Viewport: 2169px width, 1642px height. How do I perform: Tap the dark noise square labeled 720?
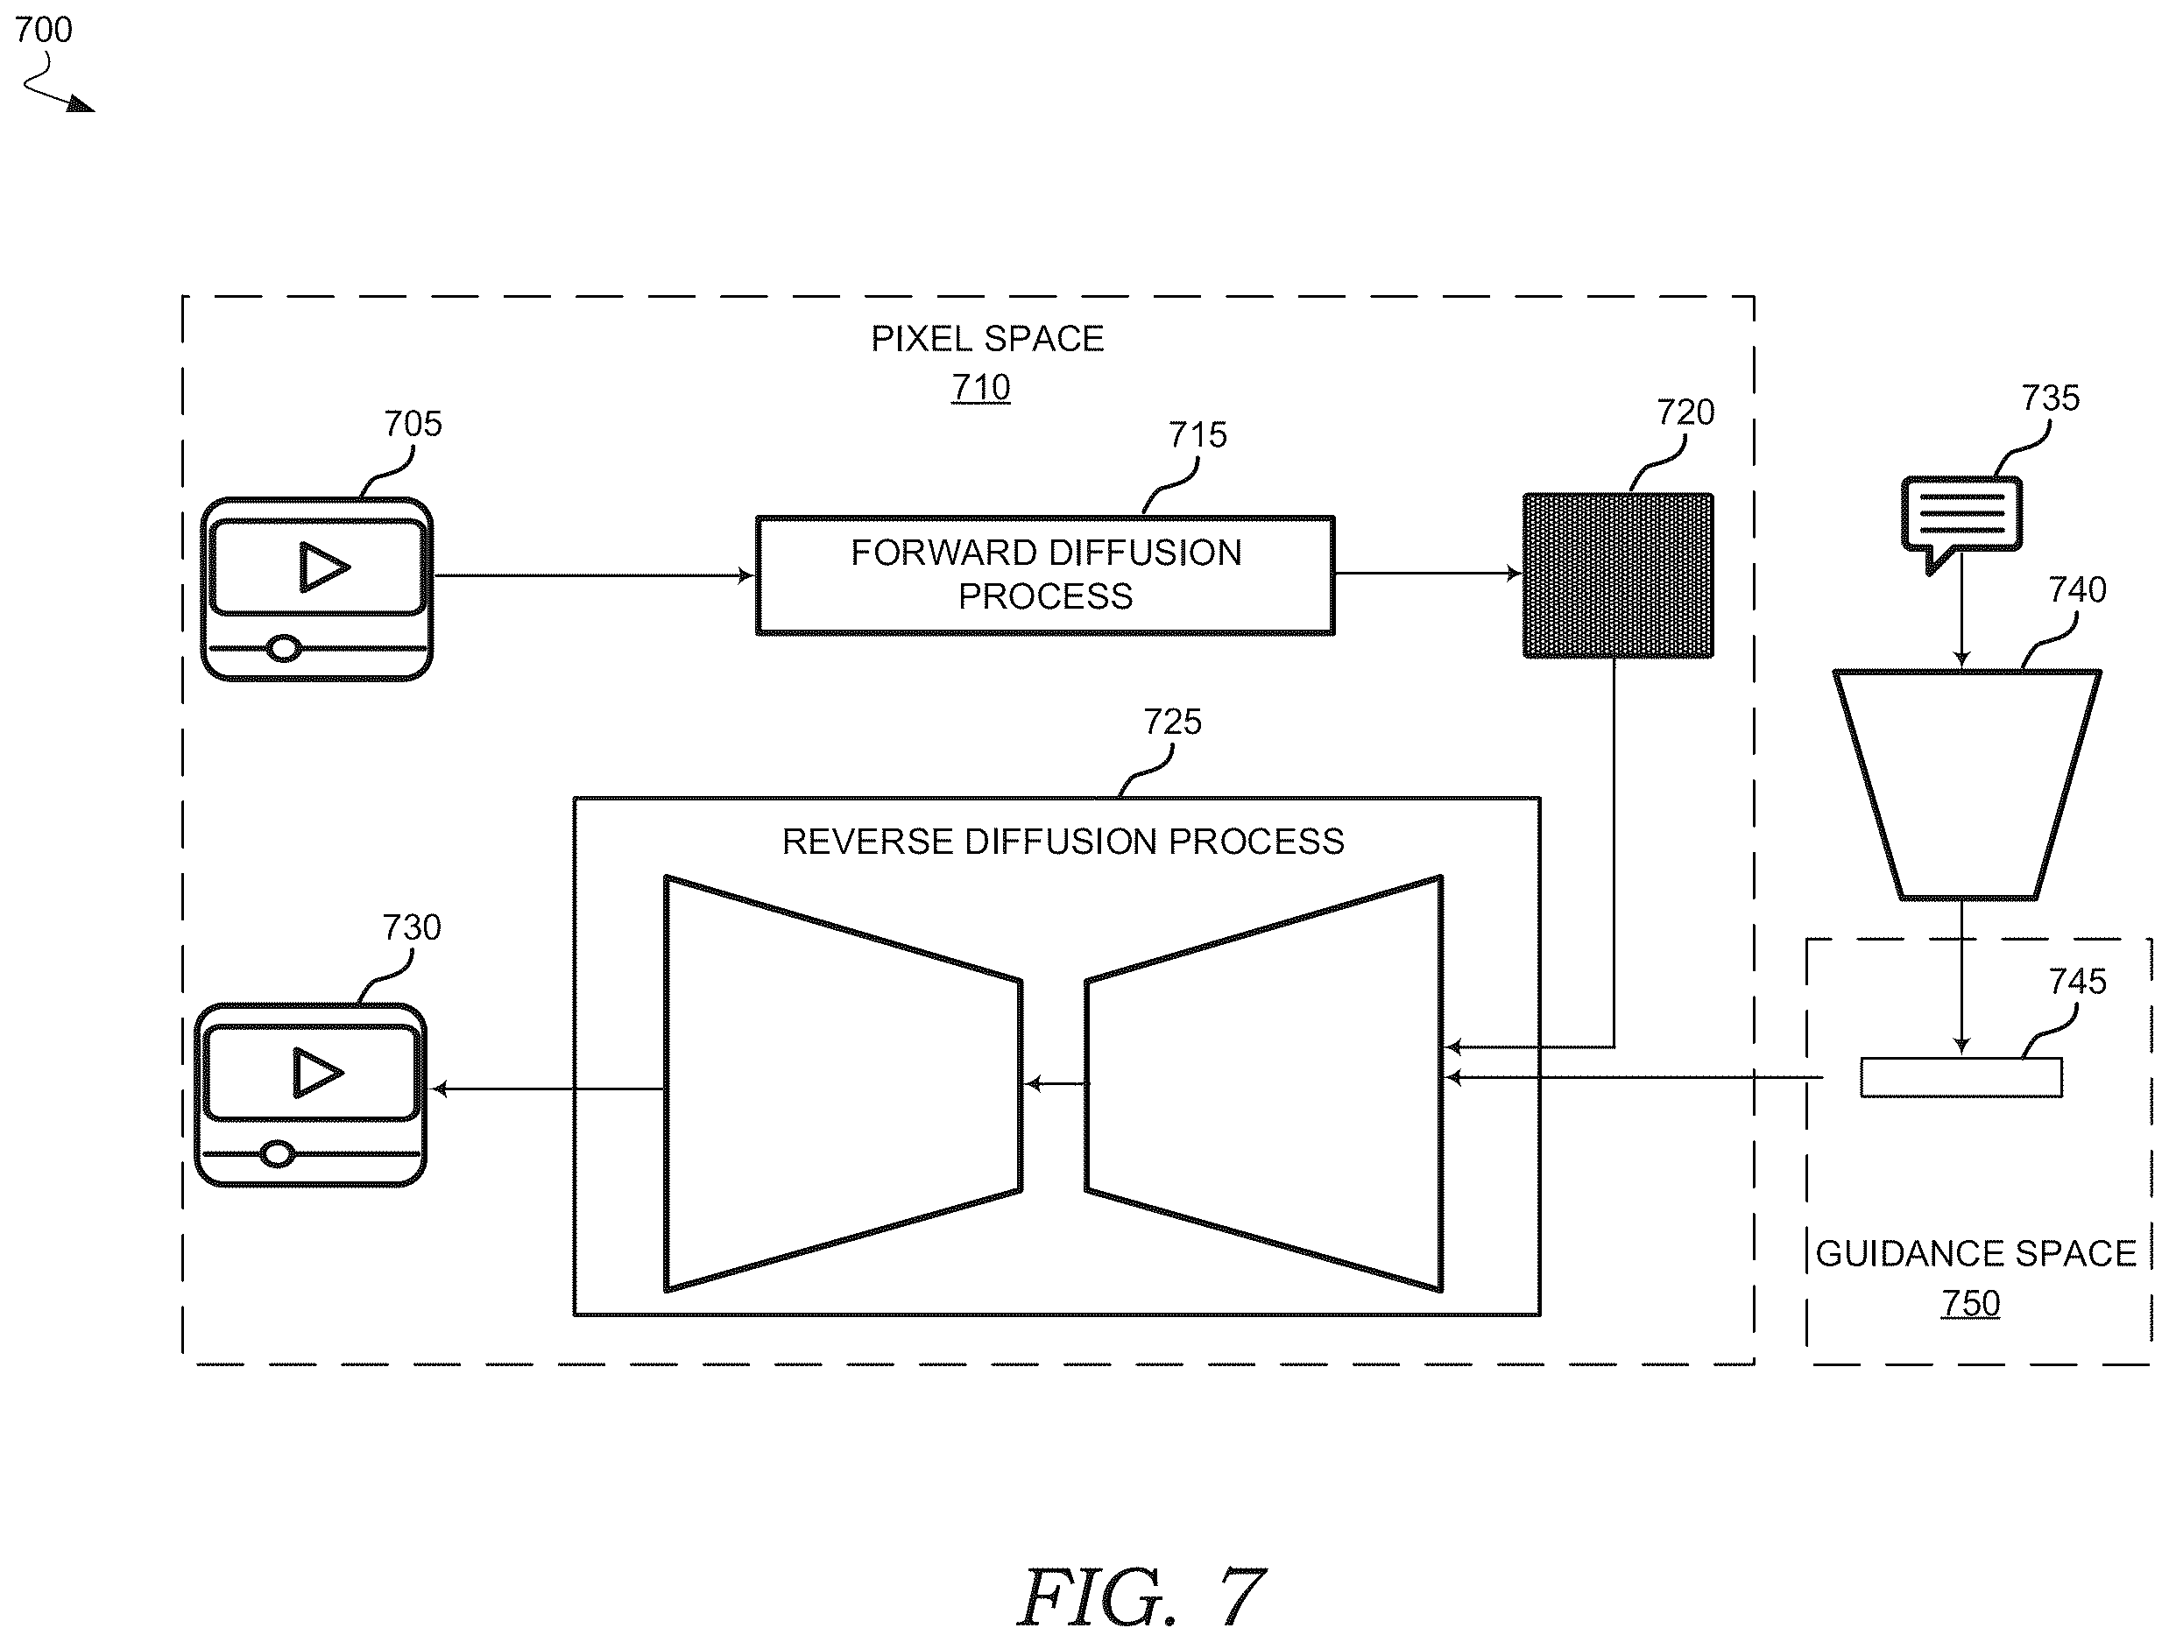(x=1618, y=575)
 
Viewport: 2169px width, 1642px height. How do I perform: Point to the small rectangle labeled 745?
(x=1961, y=1077)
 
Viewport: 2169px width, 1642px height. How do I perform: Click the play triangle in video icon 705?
(x=323, y=567)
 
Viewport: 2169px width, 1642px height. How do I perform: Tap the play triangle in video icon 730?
(x=318, y=1073)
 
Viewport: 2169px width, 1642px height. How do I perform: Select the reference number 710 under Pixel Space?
(x=980, y=387)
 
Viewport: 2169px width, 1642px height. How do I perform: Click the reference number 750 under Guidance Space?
(x=1971, y=1303)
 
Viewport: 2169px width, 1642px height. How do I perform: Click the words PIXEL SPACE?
(x=987, y=338)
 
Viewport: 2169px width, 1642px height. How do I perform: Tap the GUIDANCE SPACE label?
(x=1975, y=1254)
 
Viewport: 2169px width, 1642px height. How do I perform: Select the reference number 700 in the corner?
(x=43, y=30)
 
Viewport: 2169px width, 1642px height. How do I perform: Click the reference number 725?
(x=1173, y=722)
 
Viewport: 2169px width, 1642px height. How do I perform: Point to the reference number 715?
(x=1198, y=434)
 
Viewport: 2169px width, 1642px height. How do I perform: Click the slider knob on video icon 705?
(x=285, y=648)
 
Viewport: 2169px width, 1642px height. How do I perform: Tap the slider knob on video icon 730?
(x=279, y=1154)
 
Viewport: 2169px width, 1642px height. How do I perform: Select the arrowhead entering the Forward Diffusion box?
(x=746, y=575)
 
